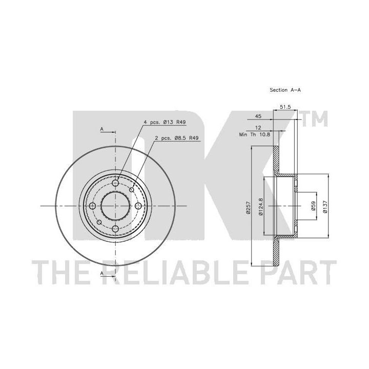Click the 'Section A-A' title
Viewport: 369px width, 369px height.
(x=285, y=90)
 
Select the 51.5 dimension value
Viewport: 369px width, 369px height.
(x=285, y=107)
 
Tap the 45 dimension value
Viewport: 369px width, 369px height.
(x=258, y=116)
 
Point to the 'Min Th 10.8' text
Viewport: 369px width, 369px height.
(x=254, y=135)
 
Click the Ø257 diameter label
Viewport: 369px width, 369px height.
(x=248, y=208)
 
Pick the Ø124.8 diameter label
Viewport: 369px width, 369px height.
(x=260, y=207)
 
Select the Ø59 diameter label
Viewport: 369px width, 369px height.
(x=313, y=206)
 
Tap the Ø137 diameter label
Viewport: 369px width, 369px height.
(x=325, y=207)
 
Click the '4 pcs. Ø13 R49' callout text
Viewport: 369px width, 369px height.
(x=165, y=122)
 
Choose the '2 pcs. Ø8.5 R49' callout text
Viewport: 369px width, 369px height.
(x=177, y=138)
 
